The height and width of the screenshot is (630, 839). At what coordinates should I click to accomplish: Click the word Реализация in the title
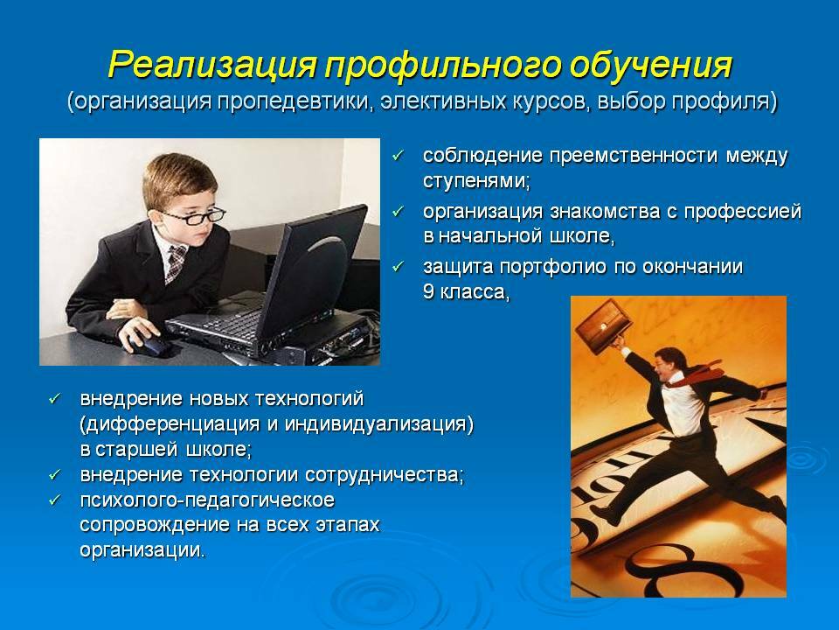coord(213,66)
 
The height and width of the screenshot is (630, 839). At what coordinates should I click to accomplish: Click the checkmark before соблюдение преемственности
coord(398,156)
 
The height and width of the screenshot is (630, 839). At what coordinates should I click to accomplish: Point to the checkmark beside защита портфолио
coord(398,266)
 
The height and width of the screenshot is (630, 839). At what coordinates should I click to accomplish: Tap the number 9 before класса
coord(428,291)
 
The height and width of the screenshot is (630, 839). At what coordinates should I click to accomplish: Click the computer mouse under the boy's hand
coord(151,345)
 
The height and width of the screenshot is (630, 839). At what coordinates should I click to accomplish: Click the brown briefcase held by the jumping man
coord(602,326)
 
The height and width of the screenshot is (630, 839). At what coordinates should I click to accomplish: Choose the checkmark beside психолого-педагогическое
coord(55,500)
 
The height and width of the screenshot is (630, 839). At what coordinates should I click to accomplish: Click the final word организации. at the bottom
coord(142,550)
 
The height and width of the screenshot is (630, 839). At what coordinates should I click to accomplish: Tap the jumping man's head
coord(669,362)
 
